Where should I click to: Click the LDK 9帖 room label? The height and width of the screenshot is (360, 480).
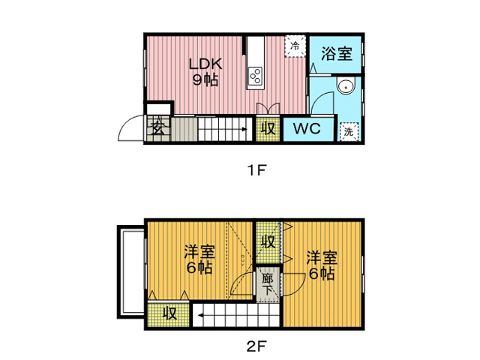(205, 72)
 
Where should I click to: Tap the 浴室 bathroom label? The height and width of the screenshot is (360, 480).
(337, 53)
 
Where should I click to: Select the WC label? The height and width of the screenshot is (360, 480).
(307, 128)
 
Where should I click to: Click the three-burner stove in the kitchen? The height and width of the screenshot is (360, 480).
(256, 75)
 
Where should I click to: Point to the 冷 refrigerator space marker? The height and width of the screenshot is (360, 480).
(295, 46)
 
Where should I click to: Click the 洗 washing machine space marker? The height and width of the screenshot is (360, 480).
(349, 132)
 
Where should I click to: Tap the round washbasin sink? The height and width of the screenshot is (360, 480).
(346, 86)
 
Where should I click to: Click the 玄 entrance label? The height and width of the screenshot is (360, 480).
(158, 128)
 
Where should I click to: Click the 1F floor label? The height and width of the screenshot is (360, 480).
(256, 170)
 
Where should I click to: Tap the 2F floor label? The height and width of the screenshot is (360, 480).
(256, 346)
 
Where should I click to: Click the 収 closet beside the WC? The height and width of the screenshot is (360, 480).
(268, 128)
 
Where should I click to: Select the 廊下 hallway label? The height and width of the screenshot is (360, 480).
(268, 284)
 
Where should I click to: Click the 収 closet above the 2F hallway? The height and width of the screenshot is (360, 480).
(268, 242)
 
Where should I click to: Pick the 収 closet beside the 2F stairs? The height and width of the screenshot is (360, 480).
(169, 313)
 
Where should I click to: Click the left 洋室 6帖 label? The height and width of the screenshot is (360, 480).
(199, 259)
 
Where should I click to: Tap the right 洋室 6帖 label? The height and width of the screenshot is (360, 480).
(322, 265)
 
